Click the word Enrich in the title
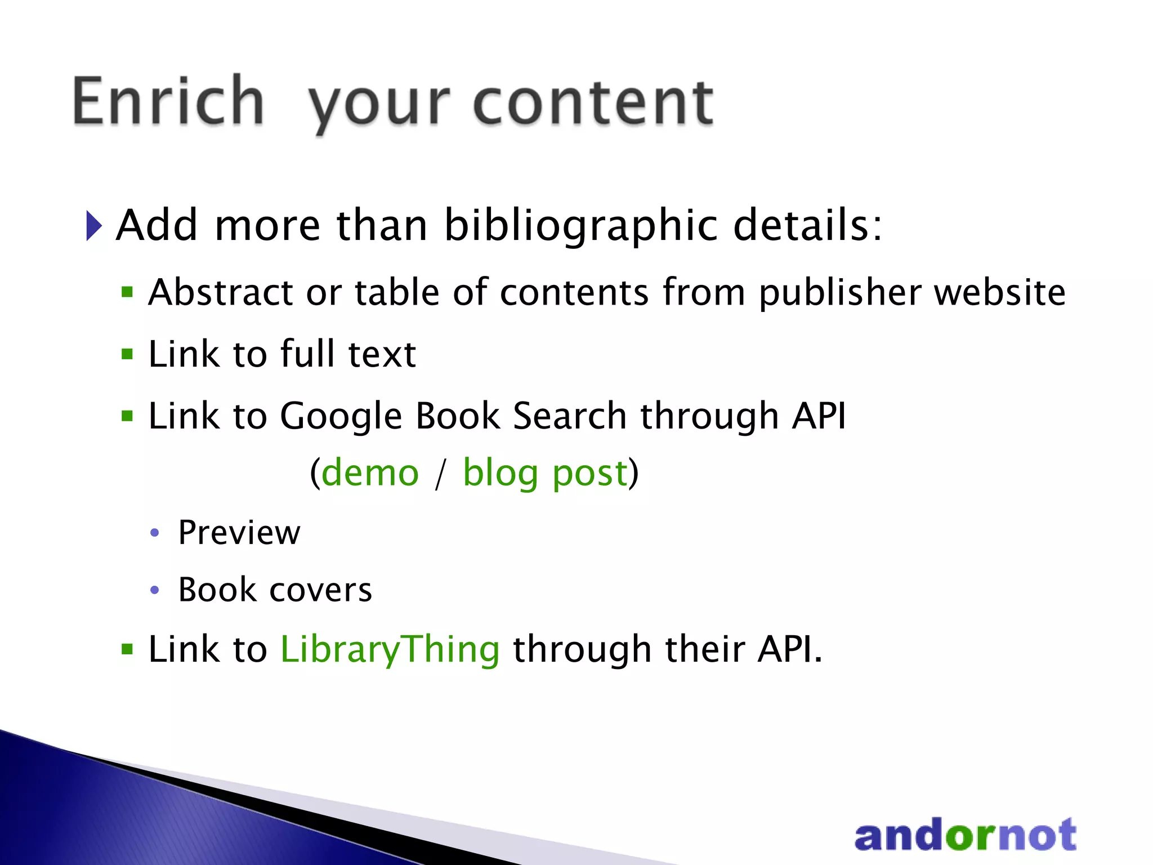click(168, 101)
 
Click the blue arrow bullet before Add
click(94, 226)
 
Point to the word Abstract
click(221, 292)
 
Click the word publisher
click(839, 293)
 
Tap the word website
click(1000, 292)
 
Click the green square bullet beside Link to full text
click(128, 354)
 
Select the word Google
click(341, 417)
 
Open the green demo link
click(370, 472)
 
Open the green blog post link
click(545, 474)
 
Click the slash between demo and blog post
click(441, 474)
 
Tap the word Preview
click(239, 533)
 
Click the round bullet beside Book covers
click(155, 590)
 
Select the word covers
click(321, 590)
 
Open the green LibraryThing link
click(390, 650)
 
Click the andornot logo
click(965, 835)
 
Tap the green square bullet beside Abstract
click(128, 292)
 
